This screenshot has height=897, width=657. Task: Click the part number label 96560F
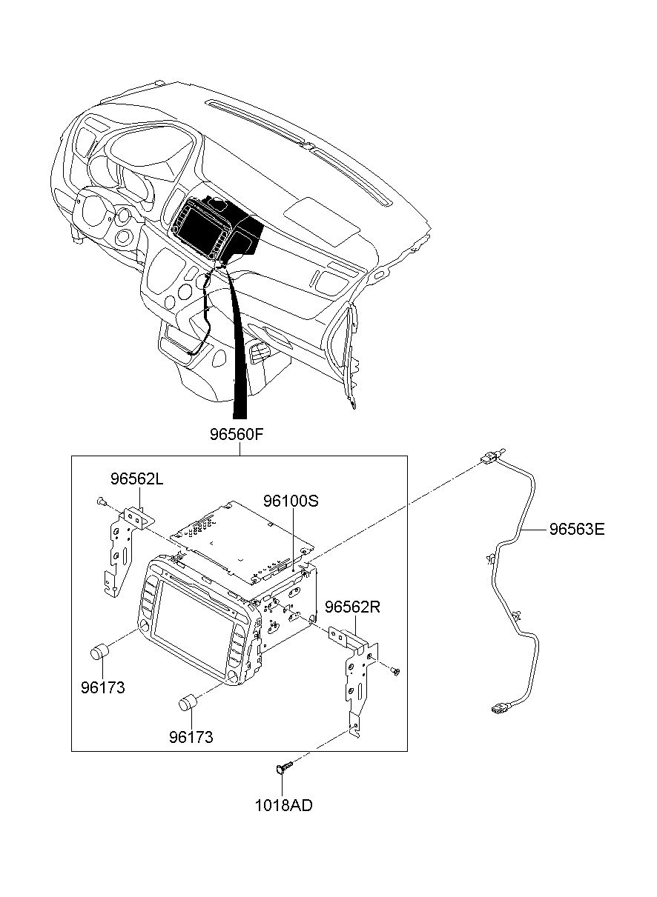tap(237, 435)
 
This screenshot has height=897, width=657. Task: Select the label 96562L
tap(136, 479)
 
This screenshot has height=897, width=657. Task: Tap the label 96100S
tap(291, 501)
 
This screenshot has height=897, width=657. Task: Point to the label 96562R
tap(352, 607)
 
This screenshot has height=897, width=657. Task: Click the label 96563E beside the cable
tap(577, 530)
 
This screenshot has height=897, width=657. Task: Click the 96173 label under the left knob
tap(103, 687)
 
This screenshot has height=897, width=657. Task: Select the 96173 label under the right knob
tap(191, 737)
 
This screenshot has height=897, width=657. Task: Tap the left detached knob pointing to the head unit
tap(100, 652)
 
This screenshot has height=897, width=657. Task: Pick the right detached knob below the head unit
tap(188, 702)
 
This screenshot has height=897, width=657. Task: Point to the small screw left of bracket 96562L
tap(101, 501)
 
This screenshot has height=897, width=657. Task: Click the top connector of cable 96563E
tap(492, 456)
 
